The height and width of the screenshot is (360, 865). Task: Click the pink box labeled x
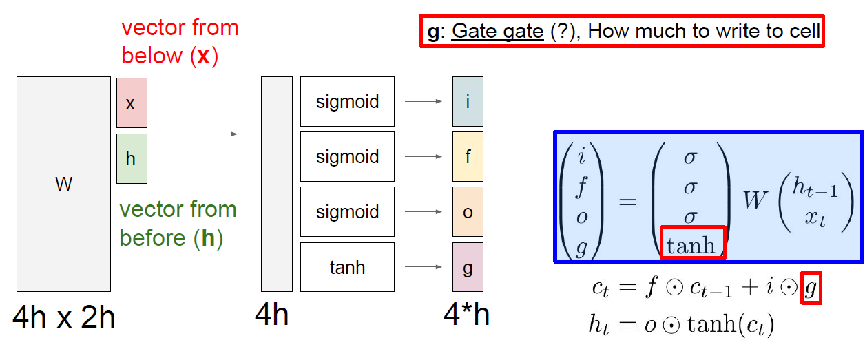click(132, 103)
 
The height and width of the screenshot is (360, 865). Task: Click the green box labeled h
click(132, 158)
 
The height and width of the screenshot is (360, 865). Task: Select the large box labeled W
click(63, 184)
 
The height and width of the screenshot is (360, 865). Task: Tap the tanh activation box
click(347, 267)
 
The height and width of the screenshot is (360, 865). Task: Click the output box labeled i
click(468, 102)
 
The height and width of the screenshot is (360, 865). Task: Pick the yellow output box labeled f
click(468, 157)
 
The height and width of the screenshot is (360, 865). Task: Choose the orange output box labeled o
click(468, 212)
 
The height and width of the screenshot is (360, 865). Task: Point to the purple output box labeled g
click(468, 267)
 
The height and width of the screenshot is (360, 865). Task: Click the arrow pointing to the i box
click(423, 102)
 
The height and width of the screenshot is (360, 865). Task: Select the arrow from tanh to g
click(423, 267)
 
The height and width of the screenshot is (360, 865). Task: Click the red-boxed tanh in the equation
click(692, 244)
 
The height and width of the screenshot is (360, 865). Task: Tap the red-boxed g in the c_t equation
click(811, 288)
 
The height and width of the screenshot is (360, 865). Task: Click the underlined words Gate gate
click(497, 32)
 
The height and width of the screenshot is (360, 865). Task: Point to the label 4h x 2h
click(63, 318)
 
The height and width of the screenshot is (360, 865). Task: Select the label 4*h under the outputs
click(466, 316)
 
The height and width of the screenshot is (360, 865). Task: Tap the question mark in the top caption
click(564, 32)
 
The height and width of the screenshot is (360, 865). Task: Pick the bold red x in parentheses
click(203, 56)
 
